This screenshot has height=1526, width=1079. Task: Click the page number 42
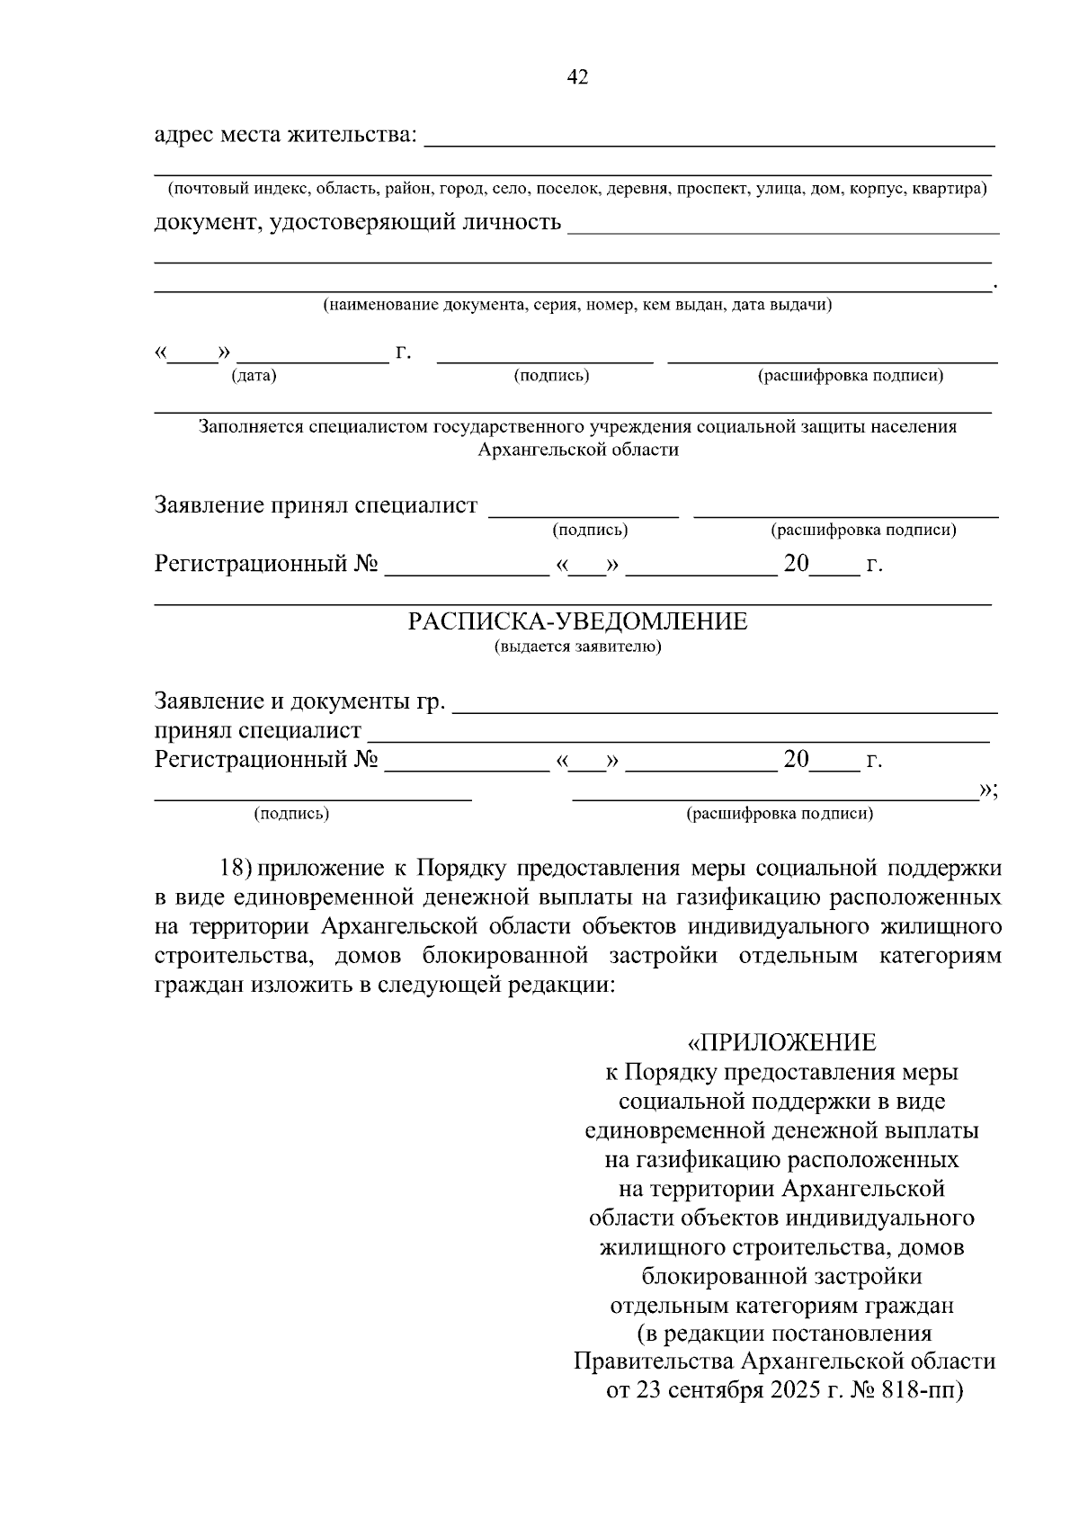coord(577,78)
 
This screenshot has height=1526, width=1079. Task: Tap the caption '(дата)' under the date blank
coord(254,376)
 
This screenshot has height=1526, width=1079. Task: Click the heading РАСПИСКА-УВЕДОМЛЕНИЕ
coord(577,622)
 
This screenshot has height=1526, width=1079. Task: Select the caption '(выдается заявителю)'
coord(577,647)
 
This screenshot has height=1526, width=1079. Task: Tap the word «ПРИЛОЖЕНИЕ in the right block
coord(781,1042)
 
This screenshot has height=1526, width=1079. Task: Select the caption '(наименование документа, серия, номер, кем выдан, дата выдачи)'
coord(577,305)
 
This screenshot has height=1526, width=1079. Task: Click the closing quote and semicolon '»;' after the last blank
coord(988,790)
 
